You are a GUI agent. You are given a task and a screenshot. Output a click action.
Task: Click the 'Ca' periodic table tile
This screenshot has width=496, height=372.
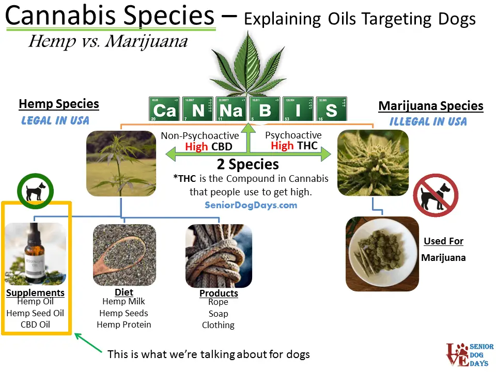164,109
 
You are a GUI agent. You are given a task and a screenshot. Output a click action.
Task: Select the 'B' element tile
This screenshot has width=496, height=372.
265,109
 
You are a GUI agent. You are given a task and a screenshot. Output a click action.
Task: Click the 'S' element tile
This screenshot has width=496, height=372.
332,109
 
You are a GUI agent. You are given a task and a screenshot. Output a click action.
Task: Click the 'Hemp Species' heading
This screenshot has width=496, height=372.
58,104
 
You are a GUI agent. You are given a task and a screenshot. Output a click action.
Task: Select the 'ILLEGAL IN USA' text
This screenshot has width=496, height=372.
428,122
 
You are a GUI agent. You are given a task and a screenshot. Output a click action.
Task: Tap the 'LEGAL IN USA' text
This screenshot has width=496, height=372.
55,120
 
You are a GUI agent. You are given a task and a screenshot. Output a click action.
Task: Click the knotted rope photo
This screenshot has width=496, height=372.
219,256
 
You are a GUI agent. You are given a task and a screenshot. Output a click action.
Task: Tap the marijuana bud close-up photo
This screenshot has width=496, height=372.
373,163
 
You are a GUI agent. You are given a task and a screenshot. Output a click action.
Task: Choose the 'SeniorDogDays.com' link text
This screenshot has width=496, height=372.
251,205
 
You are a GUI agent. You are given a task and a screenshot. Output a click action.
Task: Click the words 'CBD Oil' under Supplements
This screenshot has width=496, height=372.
35,325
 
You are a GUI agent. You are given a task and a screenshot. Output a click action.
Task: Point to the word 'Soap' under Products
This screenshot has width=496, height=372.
218,314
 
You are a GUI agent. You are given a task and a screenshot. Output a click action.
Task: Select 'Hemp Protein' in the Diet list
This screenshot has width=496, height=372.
124,324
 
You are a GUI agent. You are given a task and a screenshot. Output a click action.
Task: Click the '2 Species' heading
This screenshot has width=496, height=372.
248,164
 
